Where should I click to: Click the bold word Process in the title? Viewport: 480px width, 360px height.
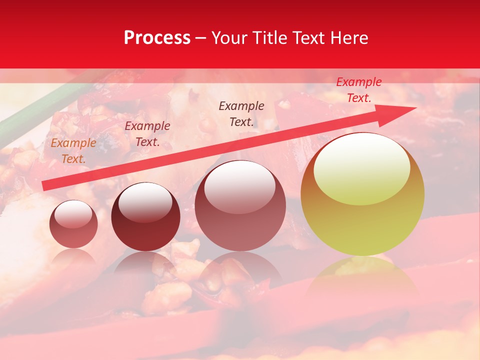click(x=157, y=38)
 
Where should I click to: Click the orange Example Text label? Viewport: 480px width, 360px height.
click(x=73, y=151)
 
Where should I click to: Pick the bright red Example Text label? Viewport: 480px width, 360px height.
click(x=358, y=90)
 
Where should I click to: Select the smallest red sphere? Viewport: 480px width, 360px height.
click(x=73, y=224)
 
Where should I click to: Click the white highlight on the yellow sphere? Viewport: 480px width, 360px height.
click(x=361, y=169)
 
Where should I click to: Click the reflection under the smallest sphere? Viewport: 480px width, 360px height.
click(x=73, y=258)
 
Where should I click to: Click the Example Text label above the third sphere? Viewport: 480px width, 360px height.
click(x=241, y=113)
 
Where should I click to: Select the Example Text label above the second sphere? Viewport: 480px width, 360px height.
click(x=147, y=134)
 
